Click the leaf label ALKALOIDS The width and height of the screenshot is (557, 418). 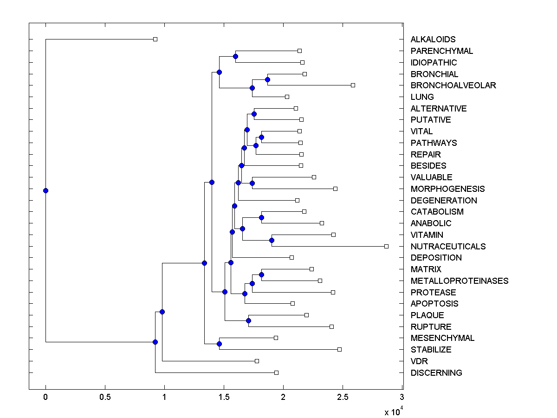coord(433,39)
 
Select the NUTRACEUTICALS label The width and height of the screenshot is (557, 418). coord(448,246)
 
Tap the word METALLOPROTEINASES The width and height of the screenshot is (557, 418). coord(459,281)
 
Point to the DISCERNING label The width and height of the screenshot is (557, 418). coord(436,372)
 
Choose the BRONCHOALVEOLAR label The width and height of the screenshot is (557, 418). coord(453,85)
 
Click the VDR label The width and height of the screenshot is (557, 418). coord(419,361)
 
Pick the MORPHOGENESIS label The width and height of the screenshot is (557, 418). coord(447,189)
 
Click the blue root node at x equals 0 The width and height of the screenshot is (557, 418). coord(45,190)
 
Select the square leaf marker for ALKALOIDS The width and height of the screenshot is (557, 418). coord(155,39)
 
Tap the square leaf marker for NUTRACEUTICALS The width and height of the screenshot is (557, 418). coord(386,246)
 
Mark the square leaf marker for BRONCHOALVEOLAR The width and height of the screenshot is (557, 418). coord(353,85)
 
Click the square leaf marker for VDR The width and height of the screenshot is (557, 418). coord(257,361)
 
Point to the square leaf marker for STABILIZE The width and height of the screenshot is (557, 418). coord(339,349)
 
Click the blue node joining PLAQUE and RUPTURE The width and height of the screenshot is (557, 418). coord(248,320)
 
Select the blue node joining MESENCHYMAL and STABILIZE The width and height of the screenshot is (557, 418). coord(219,344)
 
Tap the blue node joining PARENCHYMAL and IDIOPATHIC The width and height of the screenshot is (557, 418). coord(235,56)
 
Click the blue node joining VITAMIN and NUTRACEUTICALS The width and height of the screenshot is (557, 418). coord(272,240)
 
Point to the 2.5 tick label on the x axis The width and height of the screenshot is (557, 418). coord(343,397)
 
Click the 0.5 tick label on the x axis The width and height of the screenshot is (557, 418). coord(105,397)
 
